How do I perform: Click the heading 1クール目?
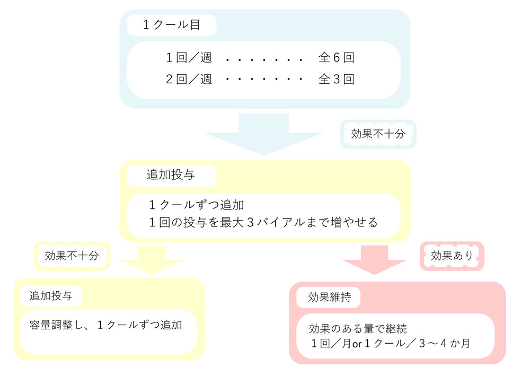click(x=171, y=25)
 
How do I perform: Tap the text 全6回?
click(x=336, y=57)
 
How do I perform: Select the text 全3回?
click(x=336, y=80)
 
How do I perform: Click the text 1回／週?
click(x=189, y=57)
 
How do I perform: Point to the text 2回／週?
click(x=189, y=80)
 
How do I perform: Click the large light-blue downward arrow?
click(x=263, y=135)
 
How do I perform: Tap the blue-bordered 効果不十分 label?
click(x=378, y=134)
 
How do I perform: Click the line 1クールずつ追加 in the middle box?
click(x=196, y=205)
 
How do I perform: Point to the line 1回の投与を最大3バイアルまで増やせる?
click(x=263, y=222)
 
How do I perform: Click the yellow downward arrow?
click(x=151, y=259)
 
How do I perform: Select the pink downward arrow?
click(x=375, y=260)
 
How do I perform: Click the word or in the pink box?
click(x=357, y=344)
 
